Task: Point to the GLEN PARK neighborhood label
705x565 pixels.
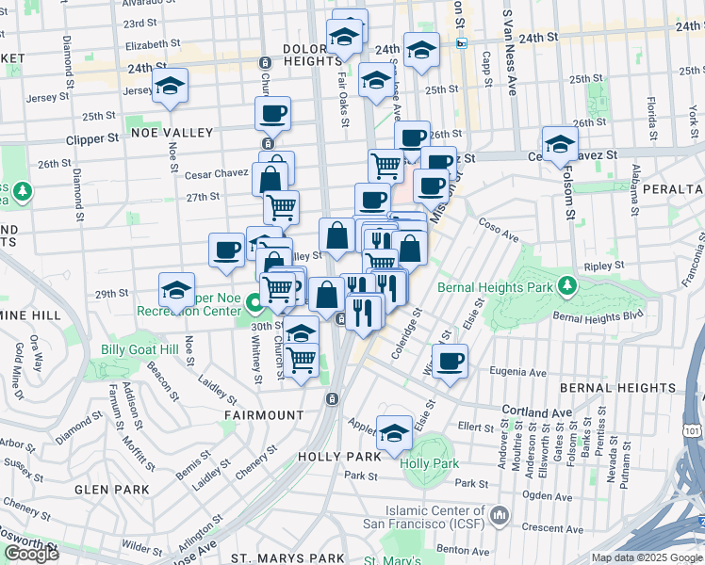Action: (x=112, y=490)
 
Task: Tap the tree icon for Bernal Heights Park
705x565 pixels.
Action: (x=566, y=284)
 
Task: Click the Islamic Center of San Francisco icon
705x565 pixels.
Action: (x=499, y=516)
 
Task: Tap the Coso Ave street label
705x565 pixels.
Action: (x=499, y=226)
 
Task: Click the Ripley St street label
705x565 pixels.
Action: (x=598, y=266)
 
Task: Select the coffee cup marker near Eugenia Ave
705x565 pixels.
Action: (x=451, y=362)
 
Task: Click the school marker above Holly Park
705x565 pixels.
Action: (x=394, y=433)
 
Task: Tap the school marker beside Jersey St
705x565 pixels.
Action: (x=170, y=87)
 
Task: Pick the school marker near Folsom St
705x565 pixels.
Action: (x=560, y=144)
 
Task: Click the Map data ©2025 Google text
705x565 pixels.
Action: (x=647, y=557)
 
